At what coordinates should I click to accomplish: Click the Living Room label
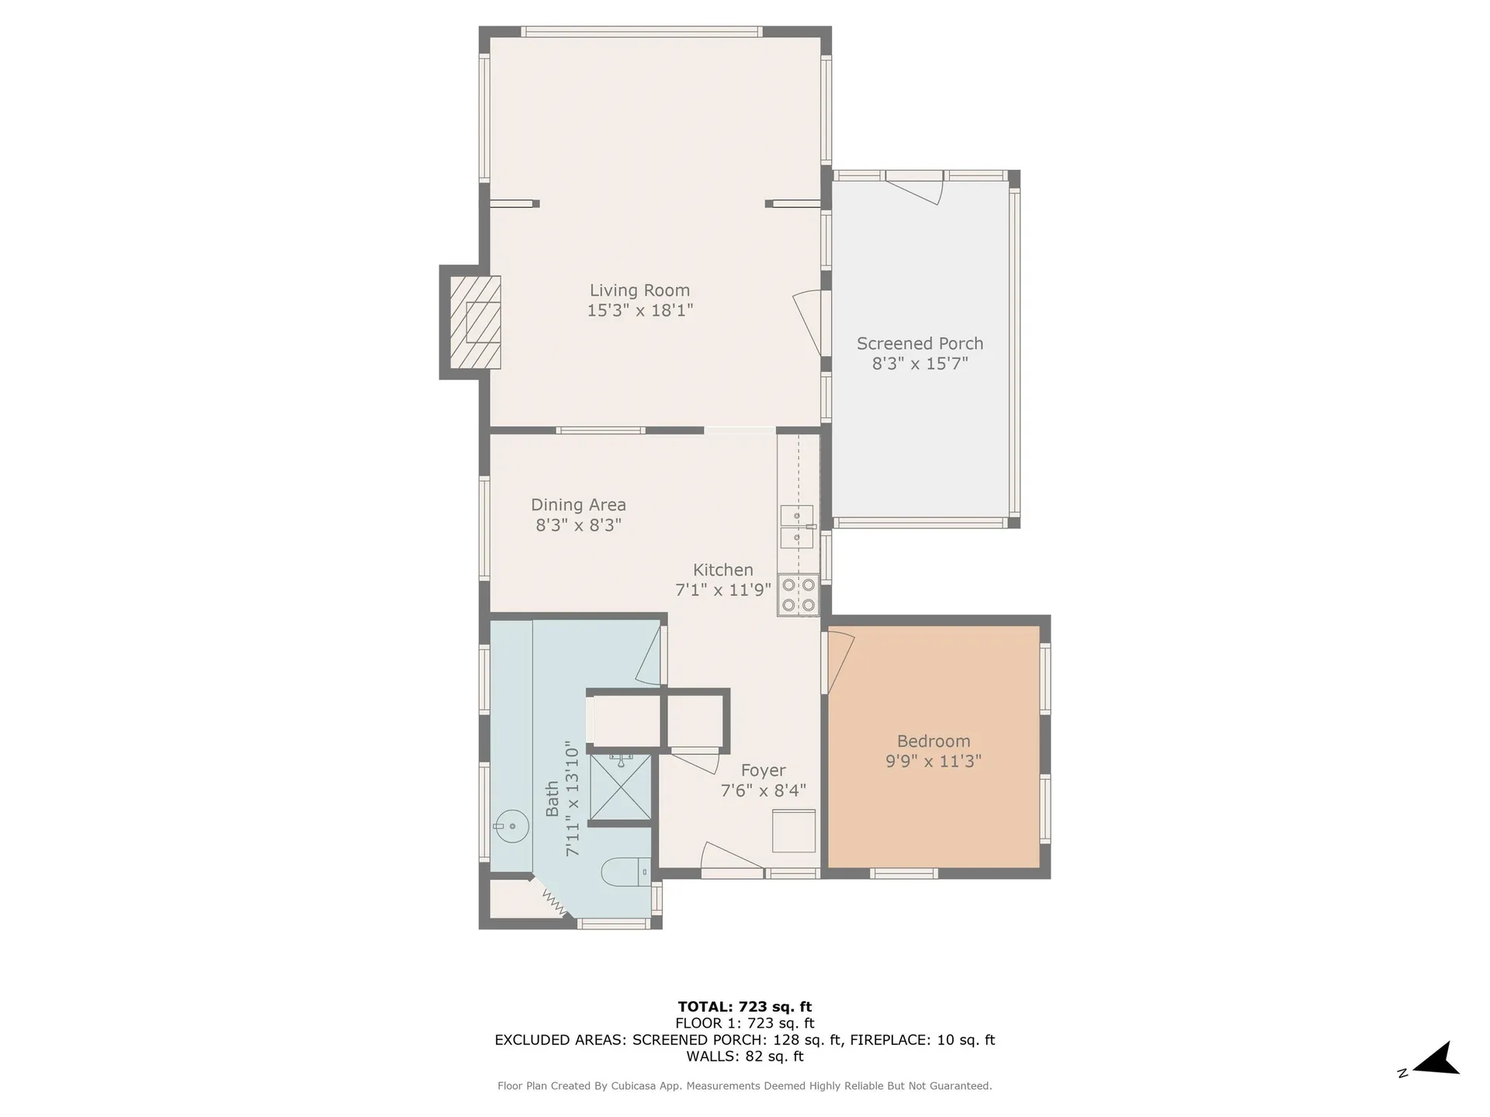click(x=639, y=290)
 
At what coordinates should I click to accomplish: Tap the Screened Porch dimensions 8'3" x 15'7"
click(x=920, y=364)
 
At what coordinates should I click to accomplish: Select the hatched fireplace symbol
click(x=476, y=322)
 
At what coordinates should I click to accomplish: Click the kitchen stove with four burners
click(x=799, y=595)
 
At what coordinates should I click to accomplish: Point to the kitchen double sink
click(x=797, y=526)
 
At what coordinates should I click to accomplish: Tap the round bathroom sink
click(x=512, y=826)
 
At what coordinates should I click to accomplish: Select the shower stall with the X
click(x=621, y=787)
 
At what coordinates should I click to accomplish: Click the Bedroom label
click(x=934, y=741)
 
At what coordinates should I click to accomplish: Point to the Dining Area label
click(x=578, y=505)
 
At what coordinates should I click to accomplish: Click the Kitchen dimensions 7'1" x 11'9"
click(x=723, y=590)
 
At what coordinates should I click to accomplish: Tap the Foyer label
click(x=763, y=770)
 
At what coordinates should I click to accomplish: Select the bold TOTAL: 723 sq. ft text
click(x=745, y=1007)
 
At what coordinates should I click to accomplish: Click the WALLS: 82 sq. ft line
click(x=745, y=1056)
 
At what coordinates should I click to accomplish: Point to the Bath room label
click(x=553, y=799)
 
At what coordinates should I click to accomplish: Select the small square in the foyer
click(x=794, y=831)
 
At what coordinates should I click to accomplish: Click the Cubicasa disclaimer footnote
click(x=745, y=1086)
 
